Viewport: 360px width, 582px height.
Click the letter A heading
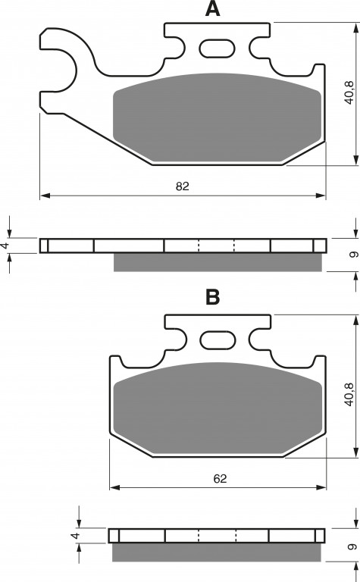[212, 8]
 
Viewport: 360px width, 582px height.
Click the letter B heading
[213, 297]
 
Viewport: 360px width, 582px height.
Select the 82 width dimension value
[182, 186]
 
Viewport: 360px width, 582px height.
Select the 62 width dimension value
[220, 478]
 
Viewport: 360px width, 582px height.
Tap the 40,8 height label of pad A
[349, 92]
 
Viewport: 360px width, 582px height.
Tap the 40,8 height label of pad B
[349, 394]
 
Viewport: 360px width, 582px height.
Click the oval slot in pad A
[217, 48]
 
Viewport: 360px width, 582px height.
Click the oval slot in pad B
[218, 340]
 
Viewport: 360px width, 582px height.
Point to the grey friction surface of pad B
[218, 408]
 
